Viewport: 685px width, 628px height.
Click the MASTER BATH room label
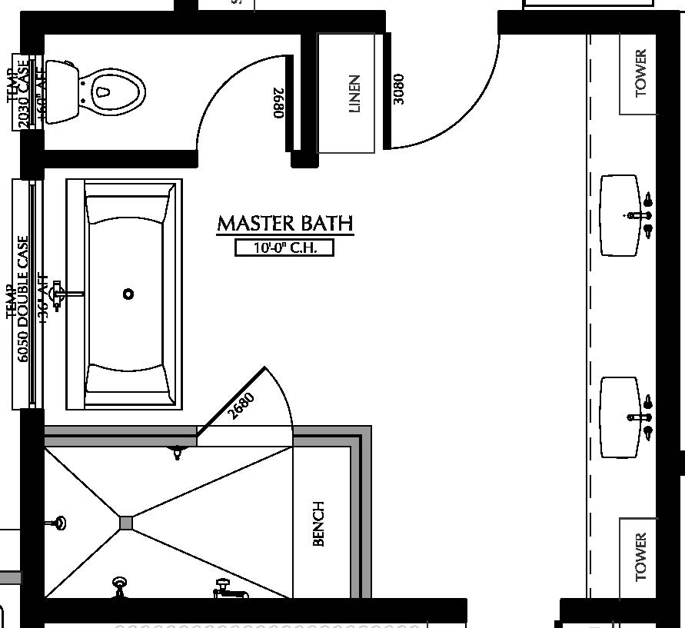pyautogui.click(x=285, y=224)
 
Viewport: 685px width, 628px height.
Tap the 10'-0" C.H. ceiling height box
pyautogui.click(x=284, y=248)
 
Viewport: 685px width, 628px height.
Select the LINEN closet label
pyautogui.click(x=354, y=93)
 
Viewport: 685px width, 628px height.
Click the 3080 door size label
pyautogui.click(x=397, y=89)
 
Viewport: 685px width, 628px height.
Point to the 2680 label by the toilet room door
pyautogui.click(x=278, y=103)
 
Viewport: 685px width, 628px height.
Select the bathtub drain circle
pyautogui.click(x=128, y=294)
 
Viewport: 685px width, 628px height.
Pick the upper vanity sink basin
pyautogui.click(x=619, y=215)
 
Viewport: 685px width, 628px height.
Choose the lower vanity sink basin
pyautogui.click(x=619, y=417)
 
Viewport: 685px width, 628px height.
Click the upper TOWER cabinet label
pyautogui.click(x=641, y=73)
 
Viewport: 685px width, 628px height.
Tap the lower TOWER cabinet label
pyautogui.click(x=641, y=557)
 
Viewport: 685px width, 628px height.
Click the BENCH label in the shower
pyautogui.click(x=319, y=523)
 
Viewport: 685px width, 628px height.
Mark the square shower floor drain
pyautogui.click(x=126, y=523)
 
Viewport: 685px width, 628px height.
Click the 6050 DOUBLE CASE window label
pyautogui.click(x=23, y=297)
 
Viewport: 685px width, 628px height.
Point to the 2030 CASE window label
pyautogui.click(x=23, y=92)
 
